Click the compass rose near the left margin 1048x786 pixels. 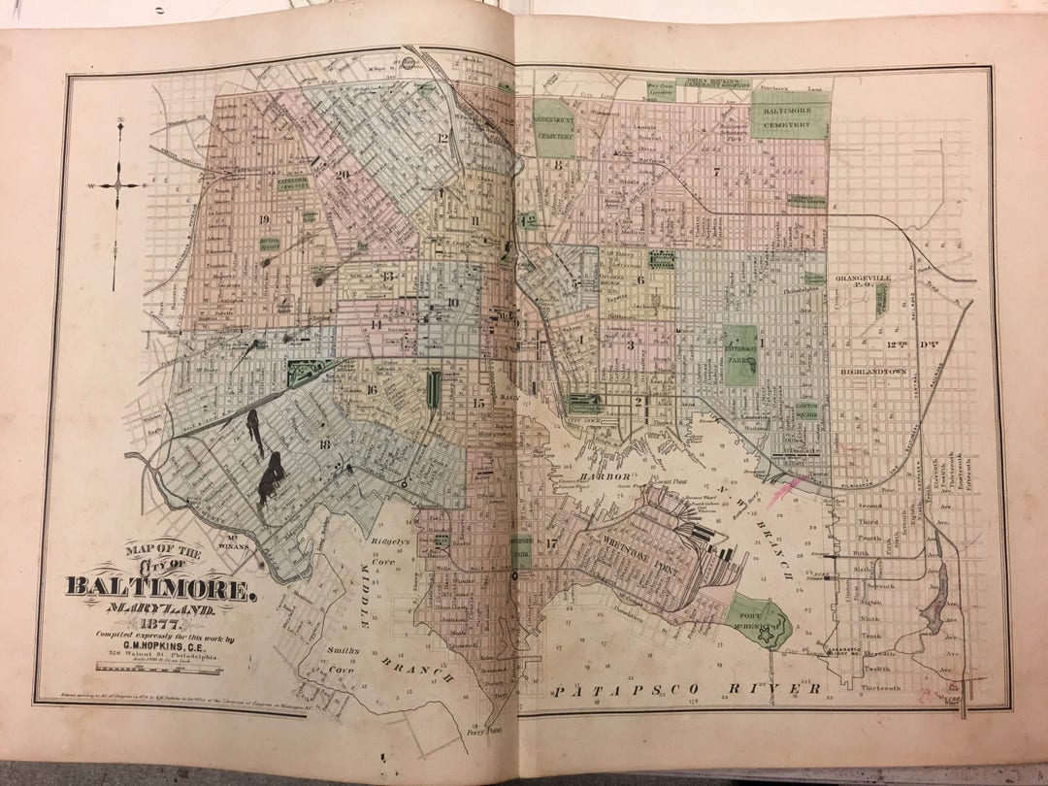click(x=117, y=184)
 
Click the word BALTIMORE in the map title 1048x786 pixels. click(x=162, y=587)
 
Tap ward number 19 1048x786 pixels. click(x=262, y=219)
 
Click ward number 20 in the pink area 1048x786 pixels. click(x=342, y=175)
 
